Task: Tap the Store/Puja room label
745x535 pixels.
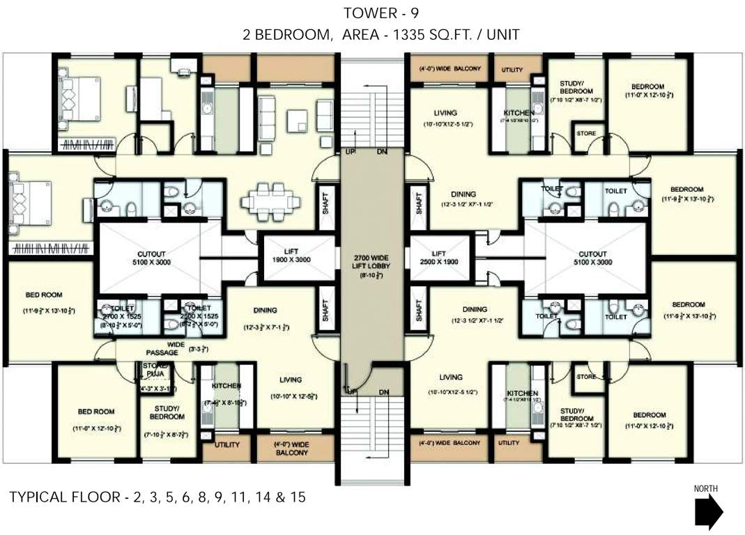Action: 155,369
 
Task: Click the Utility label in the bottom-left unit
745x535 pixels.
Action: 226,444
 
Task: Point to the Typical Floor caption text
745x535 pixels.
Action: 157,497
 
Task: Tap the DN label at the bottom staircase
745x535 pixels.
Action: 383,392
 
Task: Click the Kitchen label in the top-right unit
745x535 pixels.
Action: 519,113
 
